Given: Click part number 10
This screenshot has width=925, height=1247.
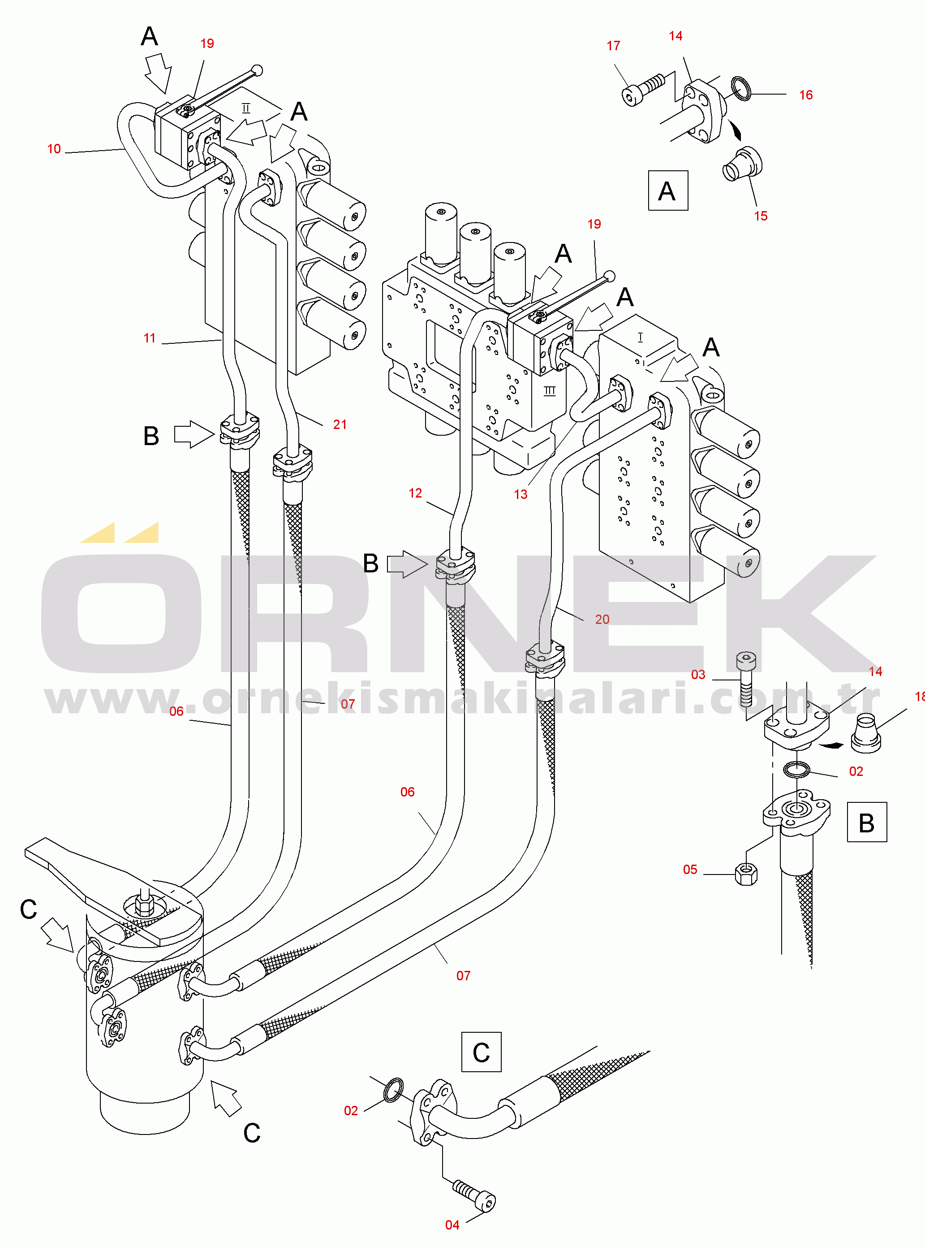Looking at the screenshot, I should click(54, 149).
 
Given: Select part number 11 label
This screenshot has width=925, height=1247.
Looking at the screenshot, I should click(150, 338).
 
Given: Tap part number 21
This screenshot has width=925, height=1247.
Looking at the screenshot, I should click(340, 424).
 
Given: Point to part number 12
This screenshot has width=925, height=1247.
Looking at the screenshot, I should click(415, 493).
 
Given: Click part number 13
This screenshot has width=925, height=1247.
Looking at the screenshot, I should click(520, 494).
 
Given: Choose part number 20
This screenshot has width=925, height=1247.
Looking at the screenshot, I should click(602, 619).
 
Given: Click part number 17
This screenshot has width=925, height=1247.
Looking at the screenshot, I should click(613, 46).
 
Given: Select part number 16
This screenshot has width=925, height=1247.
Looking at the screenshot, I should click(806, 95).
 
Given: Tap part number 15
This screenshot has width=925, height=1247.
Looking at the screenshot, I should click(761, 216).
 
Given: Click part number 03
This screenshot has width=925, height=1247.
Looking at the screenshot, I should click(698, 675).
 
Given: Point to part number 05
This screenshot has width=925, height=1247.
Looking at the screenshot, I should click(690, 870).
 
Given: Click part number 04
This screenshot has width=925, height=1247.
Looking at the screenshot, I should click(452, 1225).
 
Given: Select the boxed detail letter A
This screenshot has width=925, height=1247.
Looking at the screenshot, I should click(667, 191).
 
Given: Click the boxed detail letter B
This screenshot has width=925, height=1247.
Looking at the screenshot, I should click(866, 823).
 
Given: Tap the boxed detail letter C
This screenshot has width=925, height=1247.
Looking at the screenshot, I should click(481, 1052).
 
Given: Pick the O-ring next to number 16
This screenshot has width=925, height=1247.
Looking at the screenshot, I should click(741, 88).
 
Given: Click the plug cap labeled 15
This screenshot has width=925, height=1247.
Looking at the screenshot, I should click(743, 164).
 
